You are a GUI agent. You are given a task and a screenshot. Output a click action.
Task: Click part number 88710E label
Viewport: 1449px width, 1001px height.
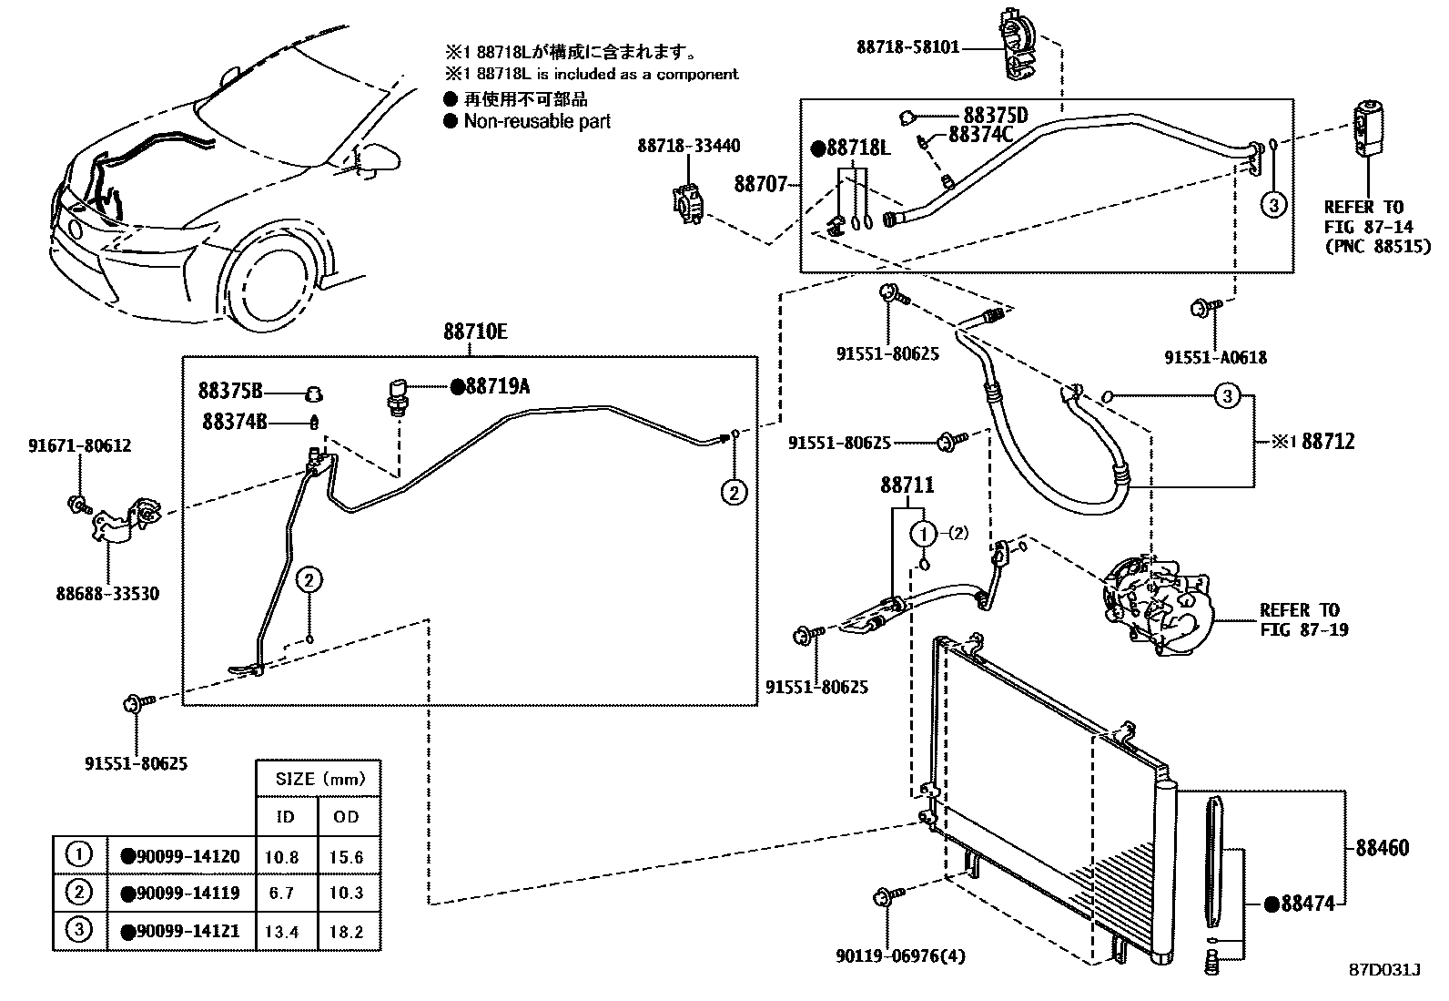pos(475,332)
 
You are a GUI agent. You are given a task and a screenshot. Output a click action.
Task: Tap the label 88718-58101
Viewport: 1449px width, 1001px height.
pos(907,46)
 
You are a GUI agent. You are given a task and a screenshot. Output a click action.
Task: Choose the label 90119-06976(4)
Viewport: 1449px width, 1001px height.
pos(900,955)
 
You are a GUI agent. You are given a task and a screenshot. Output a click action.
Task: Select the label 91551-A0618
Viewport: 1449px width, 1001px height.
pos(1215,358)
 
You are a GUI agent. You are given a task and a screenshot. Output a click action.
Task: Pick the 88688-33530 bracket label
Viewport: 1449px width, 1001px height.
pos(106,594)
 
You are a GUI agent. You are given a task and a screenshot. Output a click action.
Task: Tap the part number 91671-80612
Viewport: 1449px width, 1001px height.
pos(79,445)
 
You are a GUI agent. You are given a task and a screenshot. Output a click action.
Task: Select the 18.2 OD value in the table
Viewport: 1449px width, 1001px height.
pos(347,931)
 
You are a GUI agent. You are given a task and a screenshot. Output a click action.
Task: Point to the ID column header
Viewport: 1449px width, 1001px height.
pos(286,816)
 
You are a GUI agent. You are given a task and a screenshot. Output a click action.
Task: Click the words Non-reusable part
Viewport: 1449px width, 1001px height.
pos(536,121)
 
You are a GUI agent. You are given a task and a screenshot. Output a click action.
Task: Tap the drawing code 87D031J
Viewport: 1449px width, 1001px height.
pos(1384,970)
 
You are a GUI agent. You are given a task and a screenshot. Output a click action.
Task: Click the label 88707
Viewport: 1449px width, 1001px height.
pos(760,184)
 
